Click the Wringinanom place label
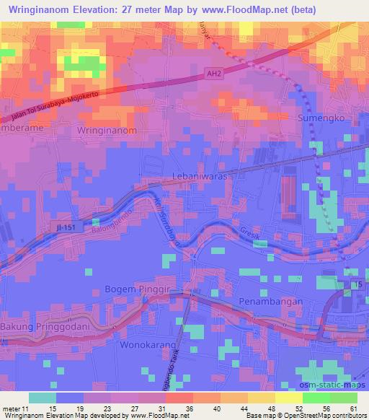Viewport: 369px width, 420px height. point(107,131)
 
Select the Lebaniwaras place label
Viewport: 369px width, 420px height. point(200,175)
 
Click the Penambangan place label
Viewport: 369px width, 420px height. point(267,301)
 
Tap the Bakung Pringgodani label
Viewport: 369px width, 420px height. point(45,328)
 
